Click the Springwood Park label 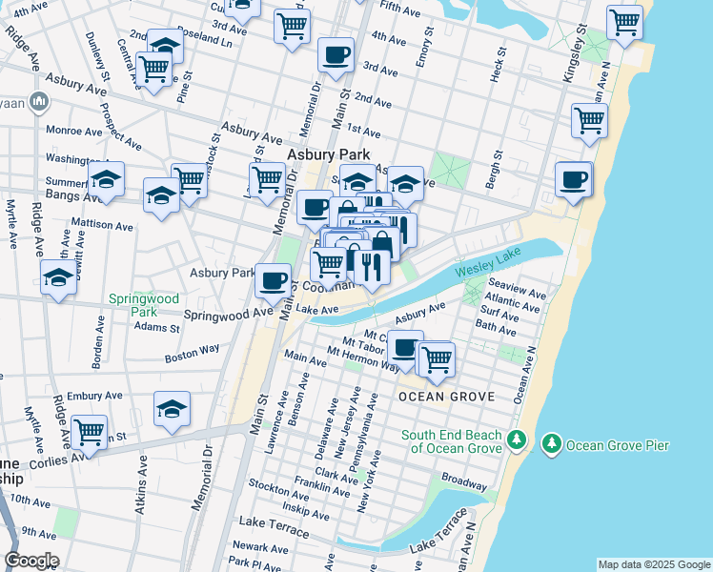click(143, 305)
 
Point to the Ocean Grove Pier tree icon click(551, 444)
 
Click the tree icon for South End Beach click(516, 439)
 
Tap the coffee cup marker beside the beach click(574, 179)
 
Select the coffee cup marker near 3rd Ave click(335, 55)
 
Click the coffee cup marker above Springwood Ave click(274, 279)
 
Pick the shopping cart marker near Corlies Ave click(89, 431)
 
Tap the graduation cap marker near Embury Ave click(173, 408)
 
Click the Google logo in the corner click(31, 561)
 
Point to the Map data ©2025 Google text click(653, 564)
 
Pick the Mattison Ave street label click(103, 226)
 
